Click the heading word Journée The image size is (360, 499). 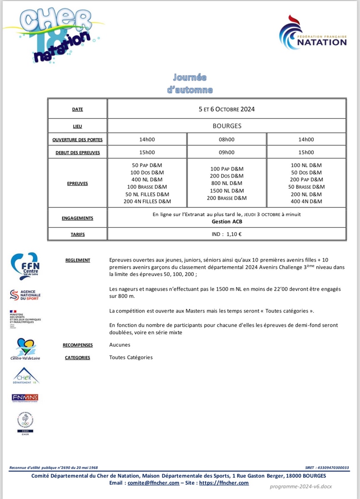[190, 78]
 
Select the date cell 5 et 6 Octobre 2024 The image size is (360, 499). [226, 109]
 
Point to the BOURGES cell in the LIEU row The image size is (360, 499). [227, 126]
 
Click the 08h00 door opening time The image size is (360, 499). [227, 140]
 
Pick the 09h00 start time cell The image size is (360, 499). [227, 153]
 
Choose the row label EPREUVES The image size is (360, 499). [77, 183]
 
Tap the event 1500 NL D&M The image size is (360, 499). [227, 191]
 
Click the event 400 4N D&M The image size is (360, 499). [306, 202]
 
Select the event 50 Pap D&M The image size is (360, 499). [147, 166]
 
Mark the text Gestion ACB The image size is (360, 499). [227, 222]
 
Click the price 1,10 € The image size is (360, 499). [234, 235]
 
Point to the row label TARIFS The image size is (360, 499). [77, 235]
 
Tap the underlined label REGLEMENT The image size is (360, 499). [78, 260]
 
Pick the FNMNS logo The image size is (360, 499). [25, 398]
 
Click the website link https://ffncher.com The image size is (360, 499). [224, 483]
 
